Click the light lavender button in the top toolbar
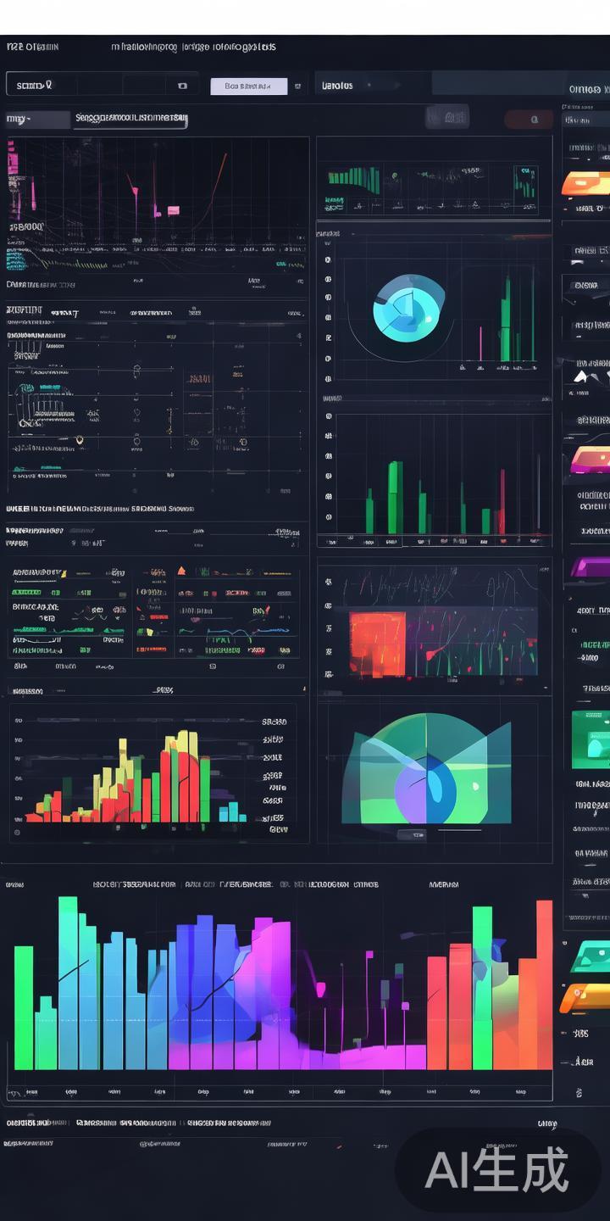pyautogui.click(x=248, y=86)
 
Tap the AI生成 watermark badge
pyautogui.click(x=497, y=1170)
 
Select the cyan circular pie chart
pyautogui.click(x=408, y=303)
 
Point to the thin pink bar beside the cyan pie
pyautogui.click(x=480, y=340)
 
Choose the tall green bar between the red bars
pyautogui.click(x=481, y=988)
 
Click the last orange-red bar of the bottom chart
pyautogui.click(x=543, y=984)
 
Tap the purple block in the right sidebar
pyautogui.click(x=590, y=567)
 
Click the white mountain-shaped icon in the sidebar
pyautogui.click(x=591, y=372)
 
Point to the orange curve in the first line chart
pyautogui.click(x=218, y=178)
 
